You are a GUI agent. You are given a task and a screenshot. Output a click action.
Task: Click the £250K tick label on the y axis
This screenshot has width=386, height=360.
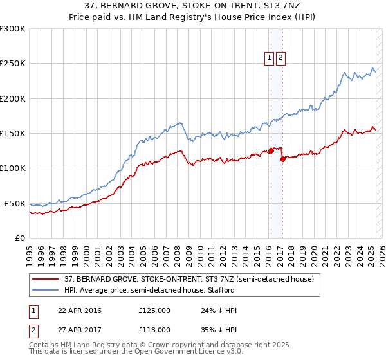click(x=13, y=64)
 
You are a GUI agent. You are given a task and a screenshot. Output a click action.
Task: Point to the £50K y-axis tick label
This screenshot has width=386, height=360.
click(x=15, y=203)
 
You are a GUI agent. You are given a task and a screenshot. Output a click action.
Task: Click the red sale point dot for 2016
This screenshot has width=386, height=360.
click(x=271, y=151)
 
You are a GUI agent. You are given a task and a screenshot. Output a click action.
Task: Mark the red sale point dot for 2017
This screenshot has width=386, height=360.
click(x=282, y=159)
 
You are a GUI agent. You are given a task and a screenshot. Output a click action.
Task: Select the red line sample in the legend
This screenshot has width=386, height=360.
click(x=46, y=280)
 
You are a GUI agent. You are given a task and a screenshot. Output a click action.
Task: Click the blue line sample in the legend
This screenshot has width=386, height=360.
click(x=46, y=290)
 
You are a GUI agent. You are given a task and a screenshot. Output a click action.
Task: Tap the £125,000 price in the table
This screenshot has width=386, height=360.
click(x=154, y=310)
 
